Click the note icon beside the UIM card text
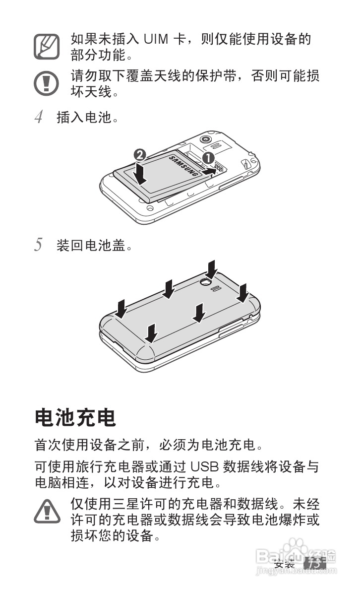[x=47, y=46]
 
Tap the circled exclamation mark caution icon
[x=47, y=83]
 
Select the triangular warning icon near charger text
[x=47, y=512]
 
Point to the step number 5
[x=39, y=245]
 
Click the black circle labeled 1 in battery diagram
[x=208, y=158]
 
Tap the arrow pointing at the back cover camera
[x=212, y=269]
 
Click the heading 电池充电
[x=75, y=418]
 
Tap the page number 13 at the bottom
[x=314, y=564]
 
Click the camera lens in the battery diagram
[x=205, y=139]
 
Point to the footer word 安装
[x=285, y=564]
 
